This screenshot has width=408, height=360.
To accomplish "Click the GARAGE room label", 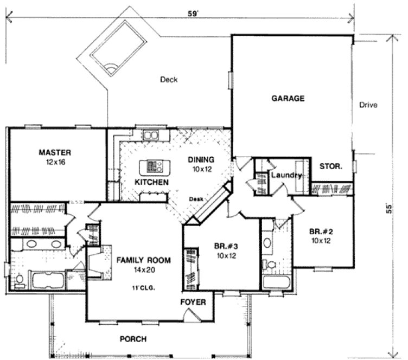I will (x=287, y=99).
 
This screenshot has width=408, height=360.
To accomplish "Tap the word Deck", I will (x=169, y=80).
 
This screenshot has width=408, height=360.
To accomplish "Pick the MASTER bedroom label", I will (x=55, y=152).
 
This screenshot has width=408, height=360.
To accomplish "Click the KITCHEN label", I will (x=151, y=182).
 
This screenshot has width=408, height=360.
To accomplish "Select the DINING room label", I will (x=201, y=160).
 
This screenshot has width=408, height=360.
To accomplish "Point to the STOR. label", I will (x=330, y=167).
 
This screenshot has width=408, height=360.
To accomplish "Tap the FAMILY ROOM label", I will (x=143, y=261).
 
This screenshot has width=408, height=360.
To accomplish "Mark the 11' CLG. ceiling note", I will (x=143, y=287).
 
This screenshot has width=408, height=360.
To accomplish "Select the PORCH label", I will (x=133, y=339).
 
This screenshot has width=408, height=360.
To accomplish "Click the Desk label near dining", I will (x=196, y=199).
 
